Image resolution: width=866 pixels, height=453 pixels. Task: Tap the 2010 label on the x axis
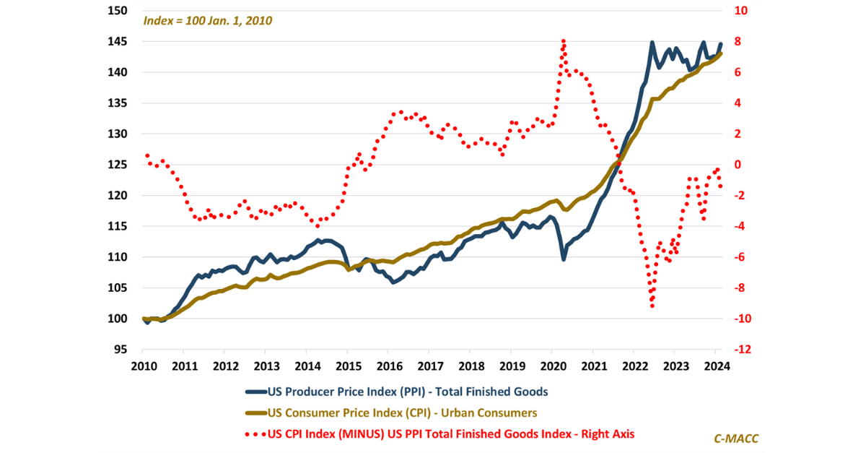143,366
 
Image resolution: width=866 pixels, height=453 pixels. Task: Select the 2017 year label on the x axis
429,366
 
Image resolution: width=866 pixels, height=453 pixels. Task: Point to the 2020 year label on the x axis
552,366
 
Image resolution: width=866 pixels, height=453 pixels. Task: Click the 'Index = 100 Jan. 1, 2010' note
207,21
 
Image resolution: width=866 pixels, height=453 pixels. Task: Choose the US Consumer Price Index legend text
402,413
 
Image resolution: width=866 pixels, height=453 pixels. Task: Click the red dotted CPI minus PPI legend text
450,434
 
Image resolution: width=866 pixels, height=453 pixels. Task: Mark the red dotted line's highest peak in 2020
563,41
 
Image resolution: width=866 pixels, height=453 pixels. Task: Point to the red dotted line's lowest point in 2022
652,306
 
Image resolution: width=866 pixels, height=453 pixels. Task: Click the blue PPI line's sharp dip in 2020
564,259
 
